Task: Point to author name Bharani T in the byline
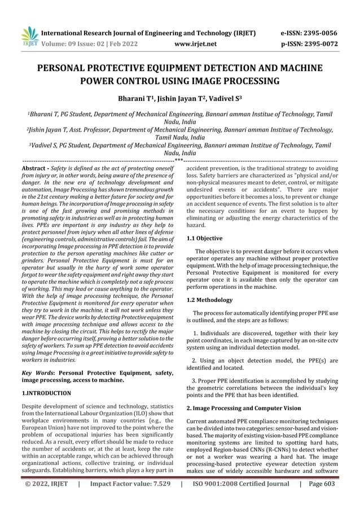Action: pos(133,99)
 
